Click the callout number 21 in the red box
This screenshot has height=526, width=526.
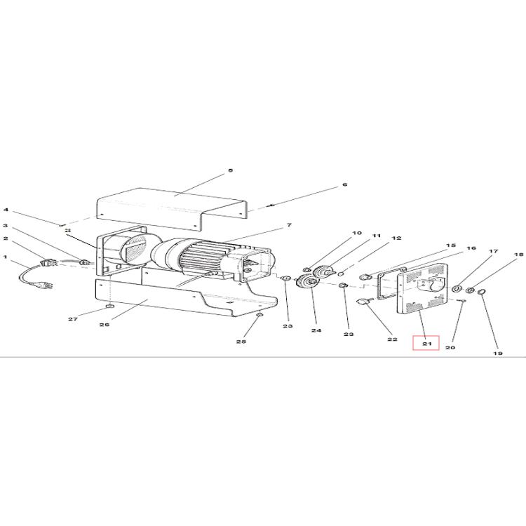[426, 344]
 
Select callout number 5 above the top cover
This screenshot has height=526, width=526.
[231, 170]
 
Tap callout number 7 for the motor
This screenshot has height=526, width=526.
[289, 225]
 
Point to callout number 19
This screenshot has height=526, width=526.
[498, 353]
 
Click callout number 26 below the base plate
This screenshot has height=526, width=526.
[104, 325]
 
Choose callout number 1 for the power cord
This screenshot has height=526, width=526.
[5, 257]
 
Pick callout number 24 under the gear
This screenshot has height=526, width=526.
[316, 330]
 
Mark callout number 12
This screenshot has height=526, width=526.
[396, 238]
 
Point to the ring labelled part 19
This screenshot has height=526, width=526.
[481, 292]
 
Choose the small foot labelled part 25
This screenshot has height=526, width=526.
[259, 315]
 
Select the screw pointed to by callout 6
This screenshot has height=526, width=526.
[271, 205]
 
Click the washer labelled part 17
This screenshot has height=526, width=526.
[457, 289]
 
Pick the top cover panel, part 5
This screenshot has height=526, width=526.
[172, 209]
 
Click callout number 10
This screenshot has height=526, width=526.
[357, 233]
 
